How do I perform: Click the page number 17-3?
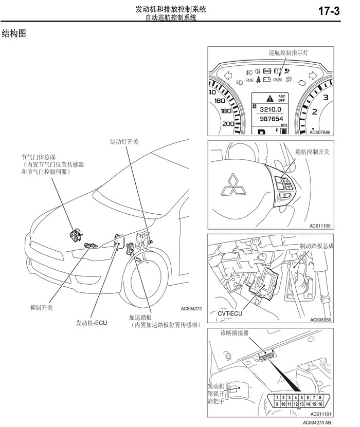point(329,11)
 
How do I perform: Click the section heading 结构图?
point(14,33)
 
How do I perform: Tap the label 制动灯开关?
point(124,142)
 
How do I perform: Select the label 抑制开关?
point(42,307)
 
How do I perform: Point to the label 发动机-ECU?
point(92,323)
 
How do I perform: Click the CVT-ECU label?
point(230,313)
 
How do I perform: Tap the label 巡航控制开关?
point(312,152)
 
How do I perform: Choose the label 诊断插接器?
point(235,333)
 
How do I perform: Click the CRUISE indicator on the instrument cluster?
point(277,80)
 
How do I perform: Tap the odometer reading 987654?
point(272,119)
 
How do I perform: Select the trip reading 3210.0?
point(271,109)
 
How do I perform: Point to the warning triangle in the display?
point(270,98)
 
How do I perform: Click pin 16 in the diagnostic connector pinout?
point(320,404)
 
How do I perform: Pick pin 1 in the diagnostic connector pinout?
point(277,398)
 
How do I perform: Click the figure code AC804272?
point(191,308)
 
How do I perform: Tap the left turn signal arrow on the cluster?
point(228,76)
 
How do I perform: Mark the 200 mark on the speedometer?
point(228,124)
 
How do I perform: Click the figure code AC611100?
point(320,226)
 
